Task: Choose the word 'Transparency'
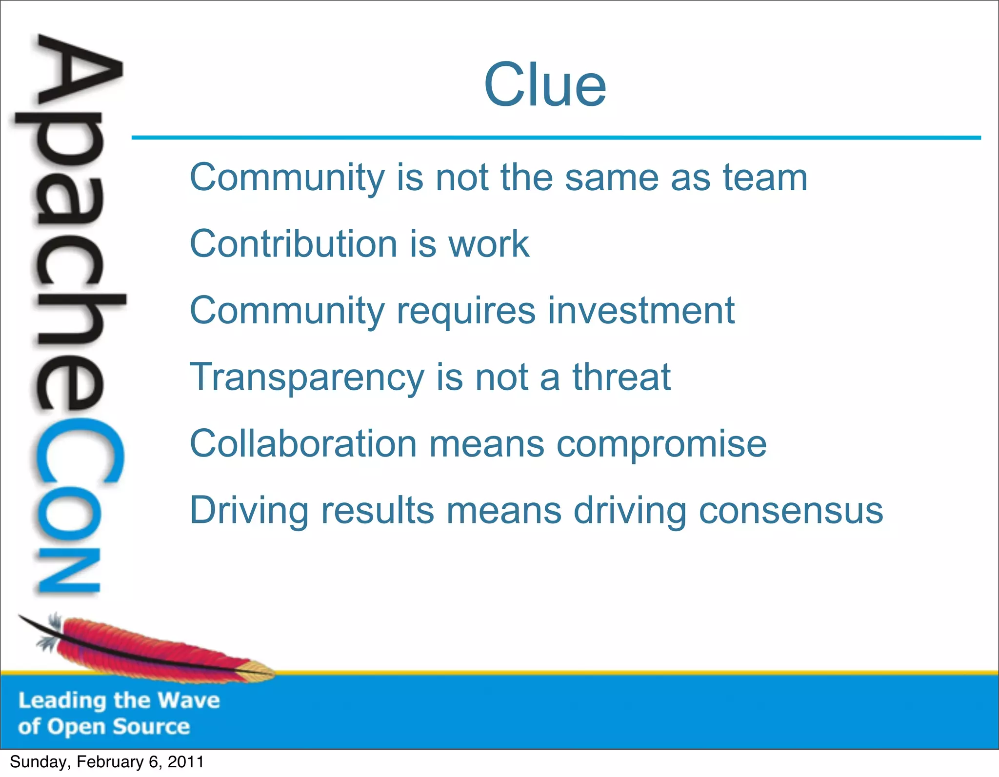(x=307, y=377)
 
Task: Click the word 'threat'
(x=621, y=377)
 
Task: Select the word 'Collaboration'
(x=303, y=443)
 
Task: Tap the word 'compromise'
(x=661, y=444)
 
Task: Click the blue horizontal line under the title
(x=556, y=138)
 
